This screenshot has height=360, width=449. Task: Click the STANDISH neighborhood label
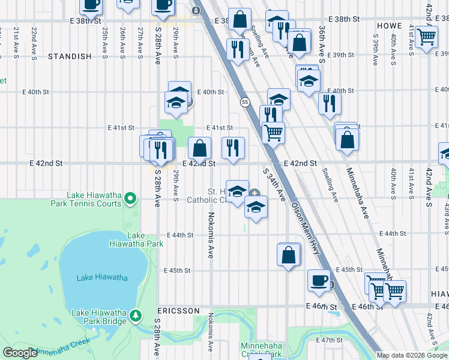click(70, 56)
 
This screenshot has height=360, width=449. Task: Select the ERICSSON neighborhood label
click(178, 311)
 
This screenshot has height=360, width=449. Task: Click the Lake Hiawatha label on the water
click(102, 277)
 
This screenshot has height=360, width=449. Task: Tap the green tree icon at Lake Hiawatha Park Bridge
click(136, 315)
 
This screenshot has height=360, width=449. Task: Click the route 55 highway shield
click(245, 103)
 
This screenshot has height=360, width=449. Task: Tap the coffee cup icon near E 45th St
click(318, 280)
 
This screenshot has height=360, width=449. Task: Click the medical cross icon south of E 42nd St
click(255, 194)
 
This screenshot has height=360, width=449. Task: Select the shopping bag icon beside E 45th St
click(289, 254)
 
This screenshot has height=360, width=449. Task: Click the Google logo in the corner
click(20, 353)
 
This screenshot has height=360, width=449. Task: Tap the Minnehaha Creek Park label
click(261, 350)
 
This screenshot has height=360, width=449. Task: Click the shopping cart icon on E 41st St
click(273, 132)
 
